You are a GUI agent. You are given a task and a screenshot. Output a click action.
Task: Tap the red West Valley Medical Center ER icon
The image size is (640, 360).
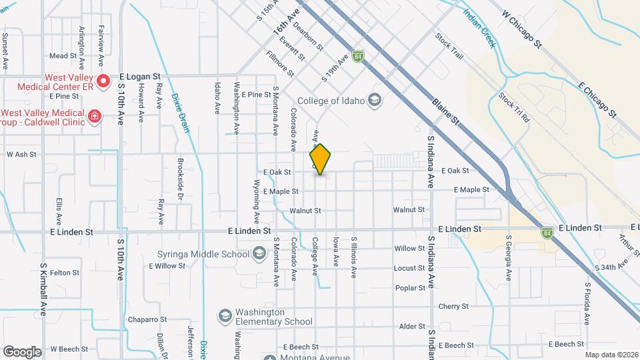tap(103, 82)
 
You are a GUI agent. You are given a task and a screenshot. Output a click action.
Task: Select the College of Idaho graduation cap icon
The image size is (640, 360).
tap(375, 101)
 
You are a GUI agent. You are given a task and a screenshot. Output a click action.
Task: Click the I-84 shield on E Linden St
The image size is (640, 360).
tap(547, 233)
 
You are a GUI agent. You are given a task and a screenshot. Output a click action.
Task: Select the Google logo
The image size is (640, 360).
tap(21, 351)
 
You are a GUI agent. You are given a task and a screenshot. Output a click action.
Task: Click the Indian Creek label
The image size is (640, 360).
tap(479, 28)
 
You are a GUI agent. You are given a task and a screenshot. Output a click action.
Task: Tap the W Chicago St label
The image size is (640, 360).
tap(524, 29)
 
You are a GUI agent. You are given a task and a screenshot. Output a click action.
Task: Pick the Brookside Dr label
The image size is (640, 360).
tap(180, 179)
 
